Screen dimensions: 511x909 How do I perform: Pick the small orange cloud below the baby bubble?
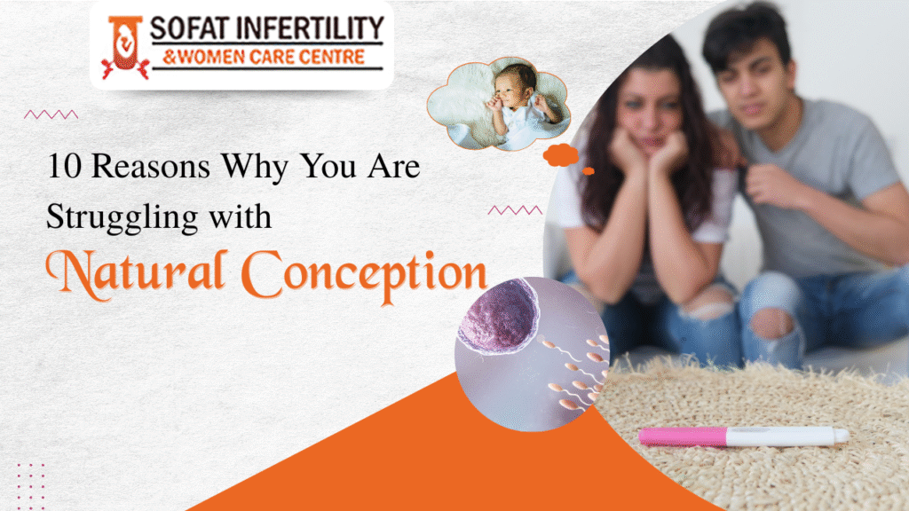tap(561, 156)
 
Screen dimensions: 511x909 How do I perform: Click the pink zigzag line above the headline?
tap(51, 114)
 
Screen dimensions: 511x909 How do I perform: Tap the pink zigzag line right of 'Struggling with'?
tap(515, 210)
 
